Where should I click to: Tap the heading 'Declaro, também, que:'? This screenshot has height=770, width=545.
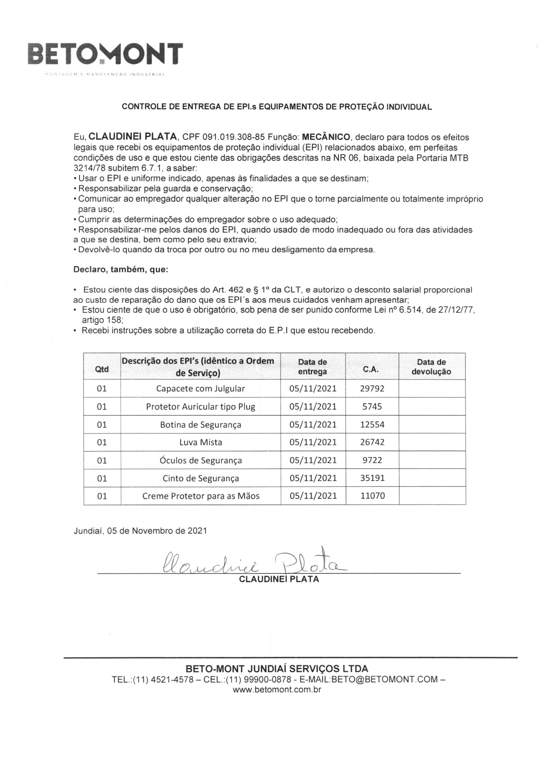tap(121, 269)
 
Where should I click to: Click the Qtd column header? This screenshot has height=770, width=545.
tap(102, 369)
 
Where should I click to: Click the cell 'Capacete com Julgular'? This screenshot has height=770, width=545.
tap(200, 389)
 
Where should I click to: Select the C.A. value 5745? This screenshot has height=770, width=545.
tap(372, 406)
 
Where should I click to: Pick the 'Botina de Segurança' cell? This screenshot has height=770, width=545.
tap(200, 425)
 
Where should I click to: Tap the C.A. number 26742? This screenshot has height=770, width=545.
tap(372, 442)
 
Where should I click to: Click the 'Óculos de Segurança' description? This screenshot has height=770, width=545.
tap(200, 460)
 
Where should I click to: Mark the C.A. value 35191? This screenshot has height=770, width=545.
tap(372, 478)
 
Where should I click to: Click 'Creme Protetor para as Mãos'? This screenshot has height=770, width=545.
tap(200, 496)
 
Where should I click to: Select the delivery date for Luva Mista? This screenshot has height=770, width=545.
tap(313, 442)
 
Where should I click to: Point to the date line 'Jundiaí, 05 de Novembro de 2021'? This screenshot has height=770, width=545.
tap(140, 531)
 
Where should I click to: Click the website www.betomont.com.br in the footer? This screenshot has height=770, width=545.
tap(277, 690)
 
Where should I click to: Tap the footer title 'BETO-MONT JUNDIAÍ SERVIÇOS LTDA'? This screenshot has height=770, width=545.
tap(277, 669)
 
